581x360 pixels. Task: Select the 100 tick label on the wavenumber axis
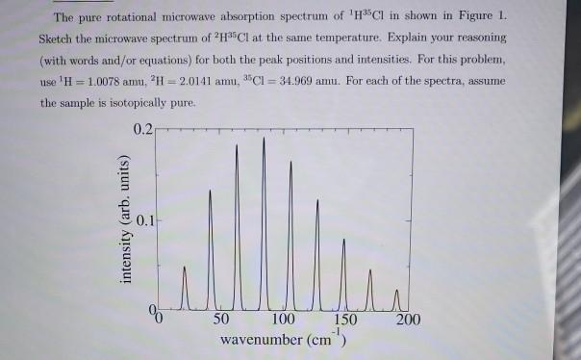click(x=284, y=320)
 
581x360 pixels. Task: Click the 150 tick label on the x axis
click(x=346, y=320)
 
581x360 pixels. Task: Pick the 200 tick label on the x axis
click(x=409, y=320)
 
